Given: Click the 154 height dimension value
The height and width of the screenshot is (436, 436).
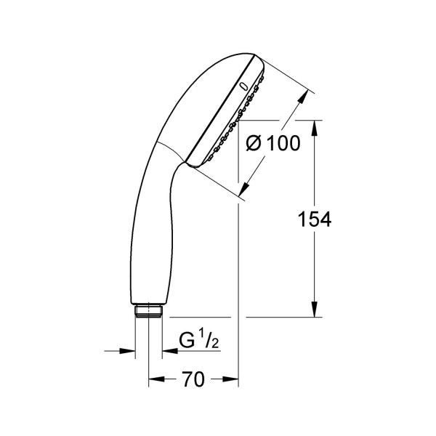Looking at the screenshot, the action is point(315,219).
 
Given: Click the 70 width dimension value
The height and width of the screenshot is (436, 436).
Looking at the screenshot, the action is point(193,379).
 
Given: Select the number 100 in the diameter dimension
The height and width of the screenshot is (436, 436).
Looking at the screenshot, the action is point(283,143).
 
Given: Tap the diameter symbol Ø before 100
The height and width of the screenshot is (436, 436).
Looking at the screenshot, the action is point(254,143).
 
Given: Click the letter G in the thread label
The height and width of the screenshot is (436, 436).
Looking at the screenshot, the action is point(187,340).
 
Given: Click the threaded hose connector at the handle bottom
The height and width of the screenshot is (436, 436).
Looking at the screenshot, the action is point(148,310).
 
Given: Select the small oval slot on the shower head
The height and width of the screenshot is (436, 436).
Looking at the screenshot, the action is point(243,86).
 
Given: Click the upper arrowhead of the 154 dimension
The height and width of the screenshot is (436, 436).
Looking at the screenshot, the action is point(315,128).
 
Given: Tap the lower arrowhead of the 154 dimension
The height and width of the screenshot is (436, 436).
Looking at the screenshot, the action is point(315,310).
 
